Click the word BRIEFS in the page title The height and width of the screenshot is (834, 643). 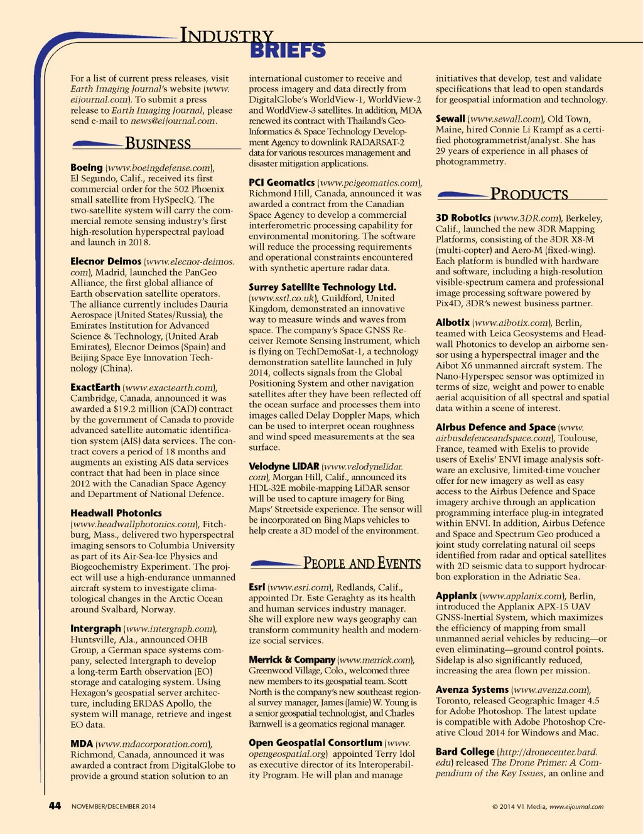(x=288, y=50)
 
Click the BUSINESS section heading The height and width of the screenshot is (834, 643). (x=158, y=144)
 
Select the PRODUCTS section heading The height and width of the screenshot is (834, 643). (x=529, y=195)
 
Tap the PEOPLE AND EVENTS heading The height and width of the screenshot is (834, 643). (x=362, y=564)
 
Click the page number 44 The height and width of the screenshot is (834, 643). (x=55, y=806)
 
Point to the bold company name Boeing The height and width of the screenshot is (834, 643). (x=87, y=168)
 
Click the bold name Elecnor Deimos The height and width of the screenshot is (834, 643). (x=105, y=261)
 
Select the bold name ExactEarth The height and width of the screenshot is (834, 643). (x=95, y=387)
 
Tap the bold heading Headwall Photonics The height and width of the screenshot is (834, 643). (x=116, y=513)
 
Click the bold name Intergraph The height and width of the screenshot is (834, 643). (x=95, y=628)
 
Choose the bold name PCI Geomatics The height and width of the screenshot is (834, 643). (x=281, y=183)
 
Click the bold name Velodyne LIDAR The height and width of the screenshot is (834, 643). (x=284, y=466)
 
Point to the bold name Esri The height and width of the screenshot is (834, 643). (x=257, y=587)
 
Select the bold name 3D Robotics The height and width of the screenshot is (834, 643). (x=463, y=218)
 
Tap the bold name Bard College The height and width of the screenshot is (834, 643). (x=465, y=751)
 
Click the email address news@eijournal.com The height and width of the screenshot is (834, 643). (x=173, y=120)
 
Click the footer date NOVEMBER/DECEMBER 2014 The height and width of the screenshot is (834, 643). (x=114, y=806)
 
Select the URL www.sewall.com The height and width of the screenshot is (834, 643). (x=505, y=119)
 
